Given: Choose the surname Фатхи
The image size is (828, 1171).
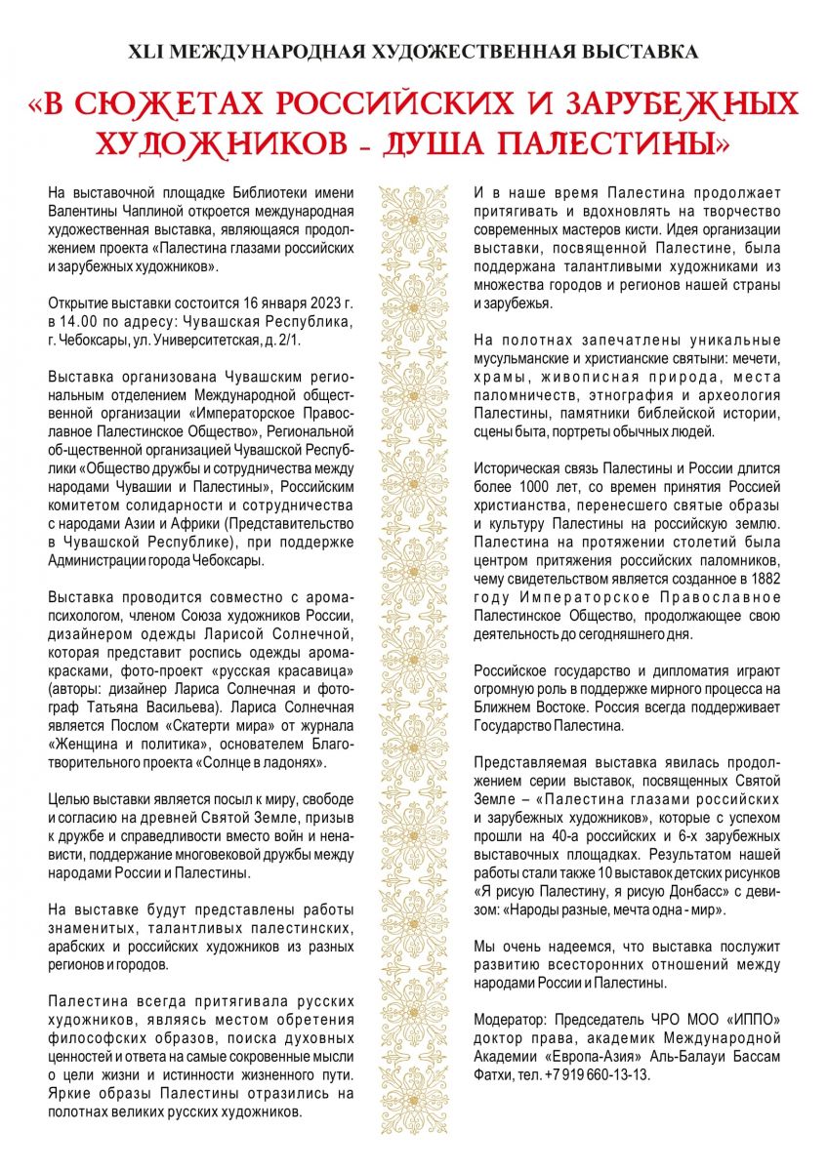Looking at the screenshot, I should [x=495, y=1073].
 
